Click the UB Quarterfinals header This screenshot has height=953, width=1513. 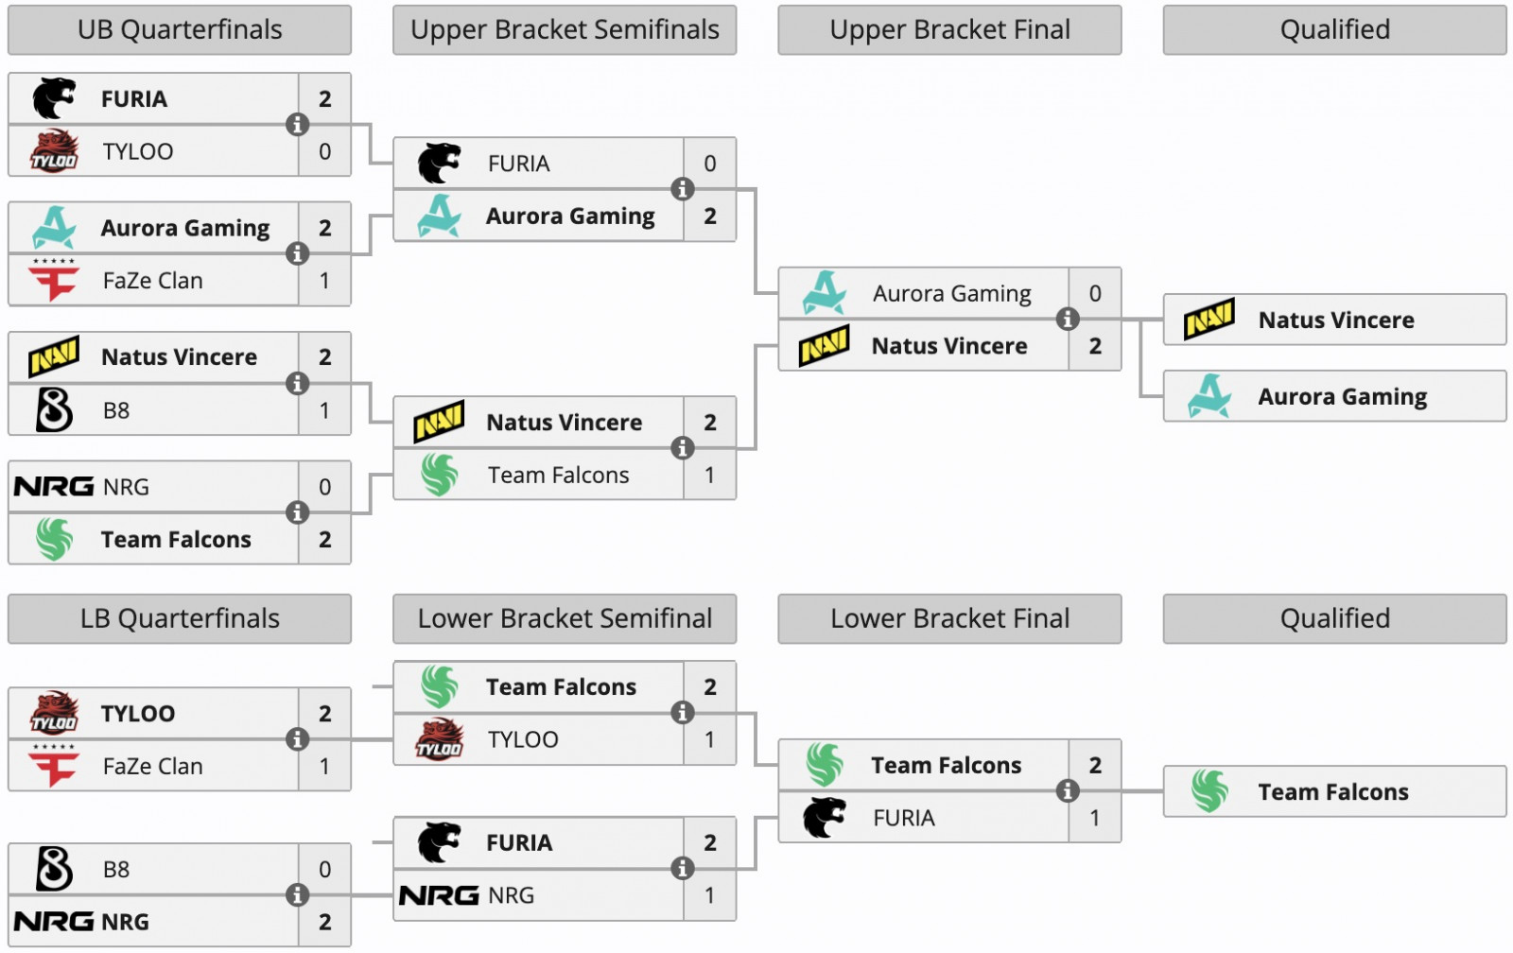pos(180,30)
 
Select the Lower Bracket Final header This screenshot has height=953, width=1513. pos(949,619)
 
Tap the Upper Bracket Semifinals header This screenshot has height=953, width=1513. pos(565,30)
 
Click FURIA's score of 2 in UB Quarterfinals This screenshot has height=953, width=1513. pos(324,99)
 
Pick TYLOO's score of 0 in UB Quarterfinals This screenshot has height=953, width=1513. pos(324,151)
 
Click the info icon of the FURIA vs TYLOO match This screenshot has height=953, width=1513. pos(297,125)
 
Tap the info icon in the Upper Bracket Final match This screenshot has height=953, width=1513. pos(1068,320)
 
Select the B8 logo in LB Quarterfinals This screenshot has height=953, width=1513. pos(54,869)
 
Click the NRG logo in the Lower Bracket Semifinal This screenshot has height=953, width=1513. pos(439,895)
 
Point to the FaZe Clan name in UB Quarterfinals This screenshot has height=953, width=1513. pos(152,281)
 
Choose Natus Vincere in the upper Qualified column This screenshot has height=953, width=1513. pos(1334,321)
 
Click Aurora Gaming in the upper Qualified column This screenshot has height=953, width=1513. pos(1334,397)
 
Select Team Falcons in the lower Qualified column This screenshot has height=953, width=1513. pos(1334,792)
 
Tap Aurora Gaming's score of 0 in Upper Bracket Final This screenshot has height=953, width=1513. pos(1095,294)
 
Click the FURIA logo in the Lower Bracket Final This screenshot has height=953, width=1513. pos(824,818)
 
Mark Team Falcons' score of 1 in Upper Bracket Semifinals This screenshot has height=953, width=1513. pos(709,476)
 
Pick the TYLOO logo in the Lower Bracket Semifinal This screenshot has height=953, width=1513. pos(440,739)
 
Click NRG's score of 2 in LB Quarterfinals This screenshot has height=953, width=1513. pos(324,922)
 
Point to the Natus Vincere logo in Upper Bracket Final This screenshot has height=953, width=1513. pos(824,346)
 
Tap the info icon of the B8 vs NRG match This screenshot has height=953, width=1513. pos(297,895)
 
